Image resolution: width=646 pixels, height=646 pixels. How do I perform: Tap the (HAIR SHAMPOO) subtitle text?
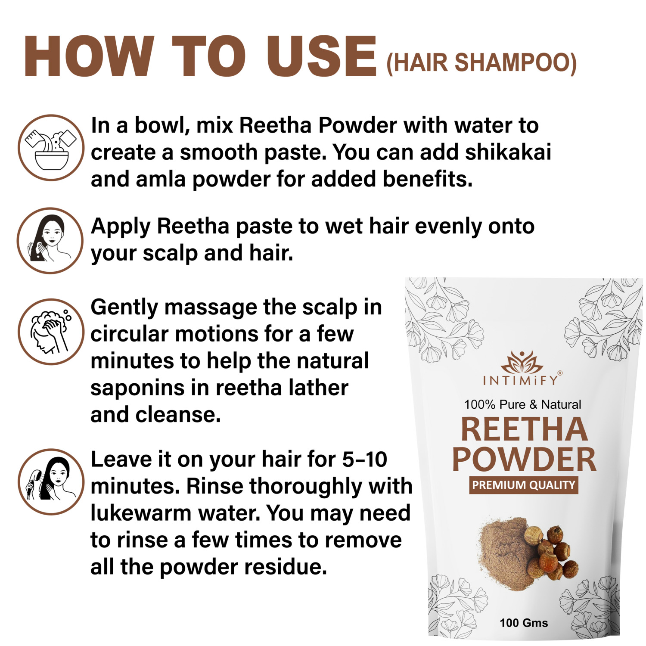[481, 63]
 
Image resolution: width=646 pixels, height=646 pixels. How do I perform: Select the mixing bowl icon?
[51, 147]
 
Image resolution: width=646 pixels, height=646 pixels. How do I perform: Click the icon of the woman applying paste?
[50, 240]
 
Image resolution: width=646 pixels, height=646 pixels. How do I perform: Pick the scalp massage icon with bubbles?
[51, 332]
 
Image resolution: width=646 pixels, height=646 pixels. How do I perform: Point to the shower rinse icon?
[51, 481]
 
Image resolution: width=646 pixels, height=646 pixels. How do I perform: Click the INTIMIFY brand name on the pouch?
[520, 380]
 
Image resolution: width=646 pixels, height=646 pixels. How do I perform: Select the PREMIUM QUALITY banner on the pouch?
[523, 485]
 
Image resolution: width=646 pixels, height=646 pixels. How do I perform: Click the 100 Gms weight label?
[524, 623]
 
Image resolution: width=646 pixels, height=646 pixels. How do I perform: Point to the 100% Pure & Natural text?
[522, 404]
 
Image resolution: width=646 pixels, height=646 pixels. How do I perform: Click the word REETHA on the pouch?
[524, 429]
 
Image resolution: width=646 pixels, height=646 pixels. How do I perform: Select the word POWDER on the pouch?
[524, 460]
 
